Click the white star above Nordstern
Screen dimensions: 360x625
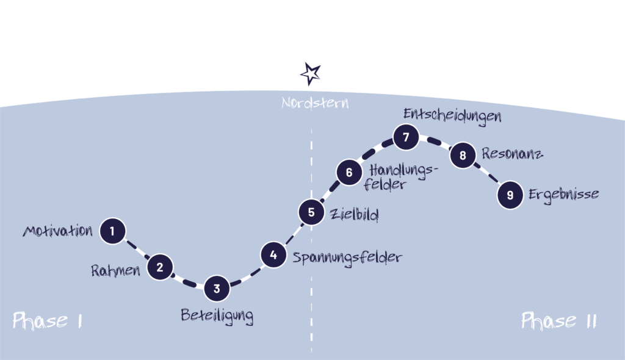pyautogui.click(x=311, y=74)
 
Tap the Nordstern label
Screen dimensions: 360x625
pyautogui.click(x=315, y=103)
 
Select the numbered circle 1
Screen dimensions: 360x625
pyautogui.click(x=112, y=231)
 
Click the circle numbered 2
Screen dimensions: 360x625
pyautogui.click(x=160, y=267)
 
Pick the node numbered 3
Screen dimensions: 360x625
pyautogui.click(x=217, y=289)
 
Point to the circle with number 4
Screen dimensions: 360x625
pyautogui.click(x=273, y=255)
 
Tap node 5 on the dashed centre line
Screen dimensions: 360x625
pyautogui.click(x=311, y=212)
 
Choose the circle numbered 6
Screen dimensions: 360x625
pyautogui.click(x=349, y=172)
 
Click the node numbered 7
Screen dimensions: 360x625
pyautogui.click(x=405, y=137)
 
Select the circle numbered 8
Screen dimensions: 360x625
pyautogui.click(x=463, y=156)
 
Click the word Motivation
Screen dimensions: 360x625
pyautogui.click(x=58, y=231)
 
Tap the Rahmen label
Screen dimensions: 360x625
pyautogui.click(x=115, y=270)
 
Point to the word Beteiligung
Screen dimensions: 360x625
pyautogui.click(x=217, y=316)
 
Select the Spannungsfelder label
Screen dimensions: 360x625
pyautogui.click(x=347, y=257)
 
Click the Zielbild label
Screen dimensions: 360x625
pyautogui.click(x=354, y=215)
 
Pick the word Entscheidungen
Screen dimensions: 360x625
pyautogui.click(x=452, y=116)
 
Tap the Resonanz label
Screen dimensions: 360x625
pyautogui.click(x=512, y=154)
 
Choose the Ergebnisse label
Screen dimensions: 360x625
pyautogui.click(x=563, y=195)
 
